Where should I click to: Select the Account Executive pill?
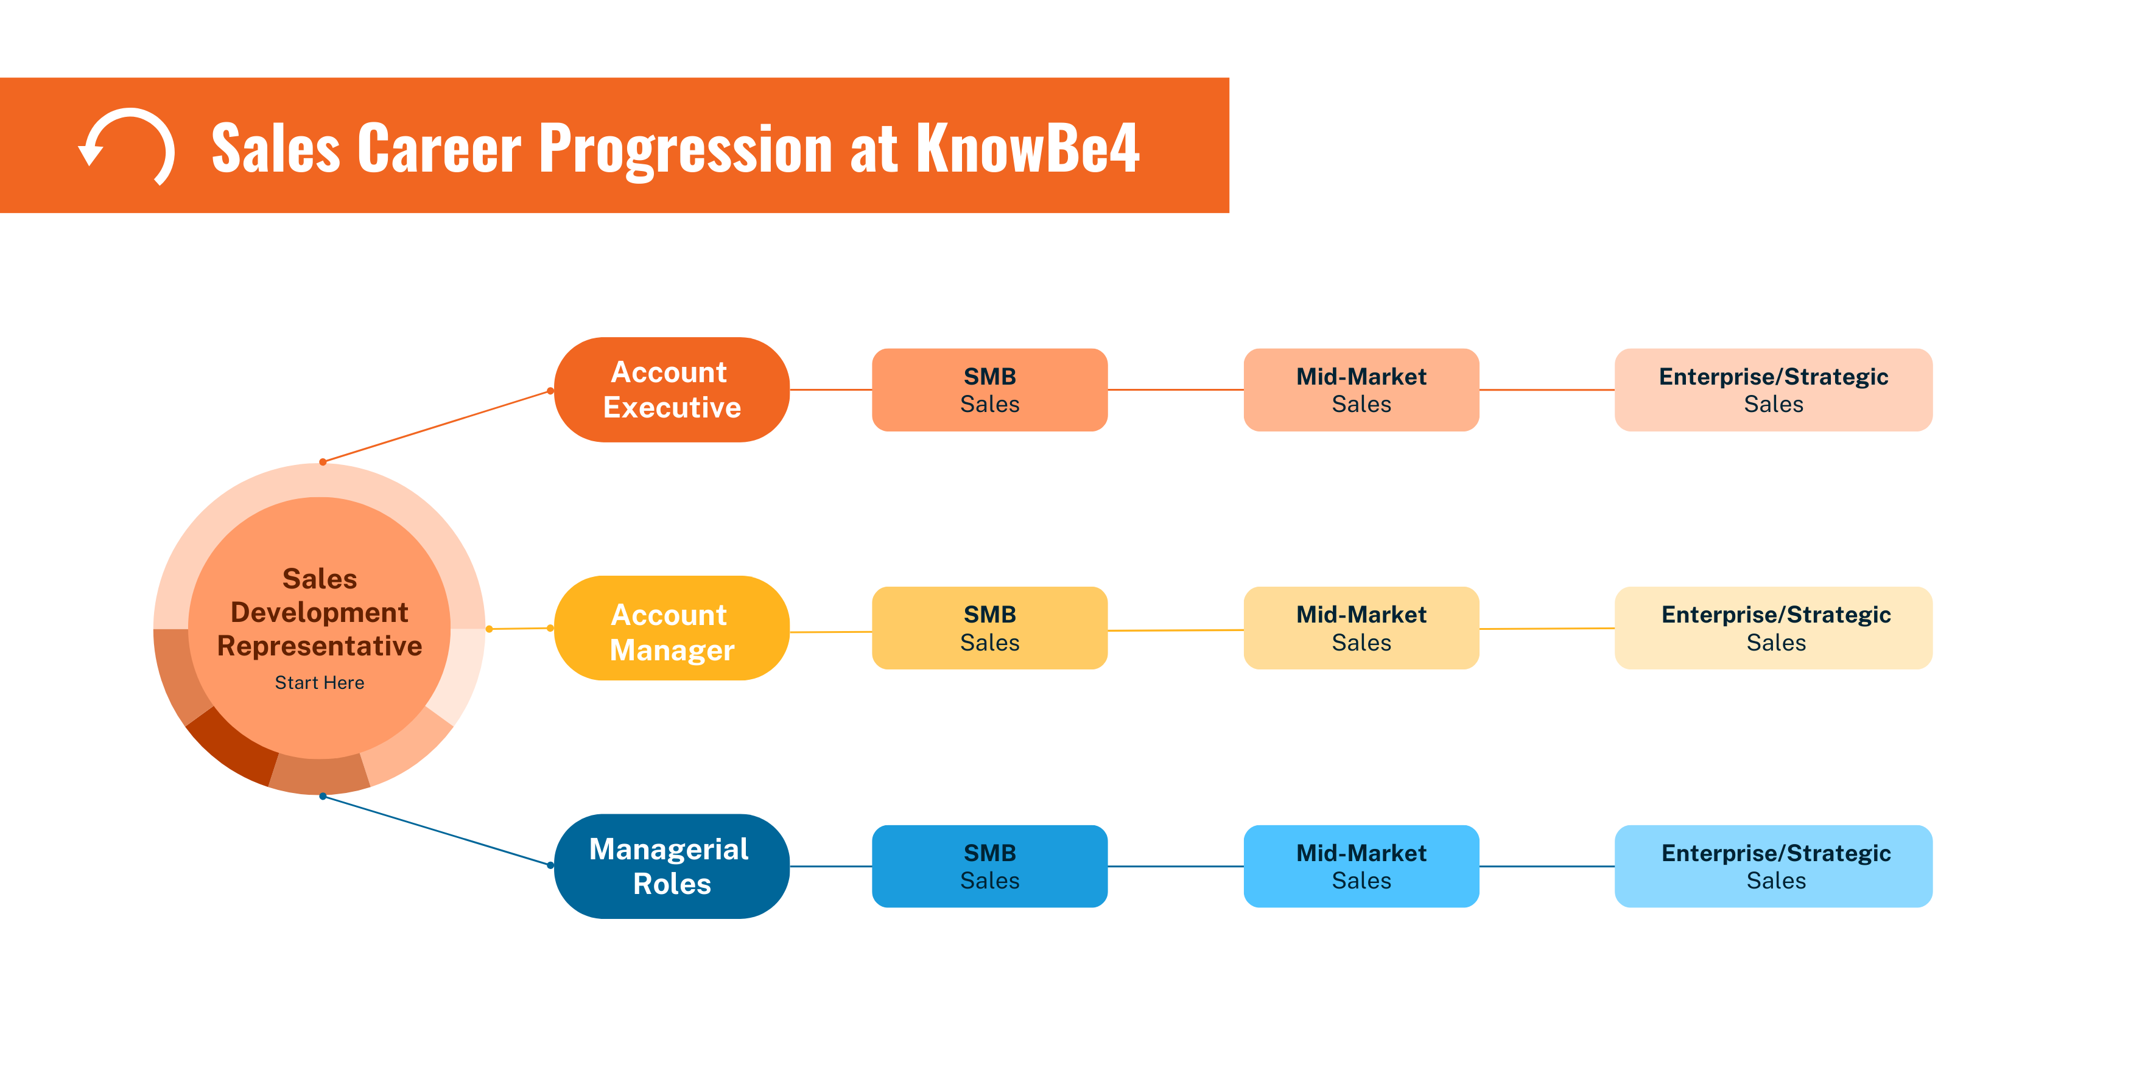click(x=671, y=389)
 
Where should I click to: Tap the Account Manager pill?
click(x=671, y=629)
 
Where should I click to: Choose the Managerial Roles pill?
click(x=671, y=866)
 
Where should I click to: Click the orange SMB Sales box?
click(x=989, y=389)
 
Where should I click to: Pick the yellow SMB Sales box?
click(x=989, y=629)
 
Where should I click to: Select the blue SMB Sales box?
click(x=989, y=866)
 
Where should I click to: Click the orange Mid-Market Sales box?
click(x=1361, y=389)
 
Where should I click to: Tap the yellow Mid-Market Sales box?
click(x=1361, y=629)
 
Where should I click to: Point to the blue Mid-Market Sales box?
click(x=1361, y=866)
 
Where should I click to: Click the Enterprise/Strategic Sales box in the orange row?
click(x=1773, y=389)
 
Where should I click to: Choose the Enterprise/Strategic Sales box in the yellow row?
click(x=1773, y=629)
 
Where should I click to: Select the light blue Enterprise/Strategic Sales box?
click(x=1773, y=866)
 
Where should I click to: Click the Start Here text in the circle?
click(x=319, y=683)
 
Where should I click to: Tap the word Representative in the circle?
click(x=319, y=646)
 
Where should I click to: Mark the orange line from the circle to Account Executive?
click(x=437, y=427)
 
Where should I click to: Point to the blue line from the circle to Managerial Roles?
click(x=437, y=831)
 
